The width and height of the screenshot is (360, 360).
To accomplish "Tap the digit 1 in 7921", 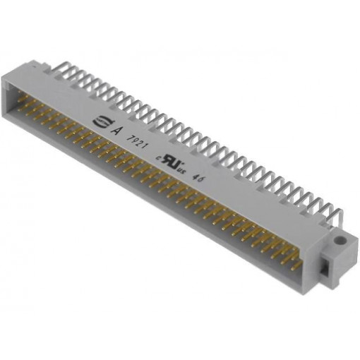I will click(x=148, y=143).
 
